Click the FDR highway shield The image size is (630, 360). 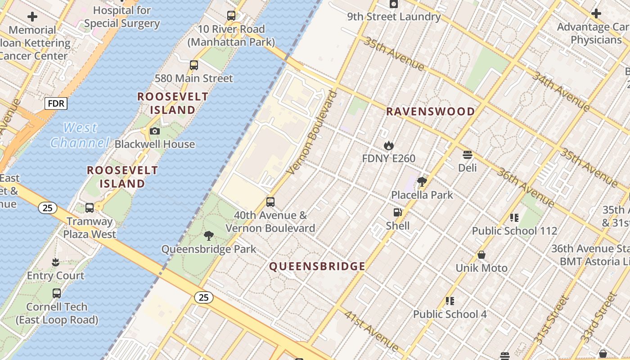(x=56, y=104)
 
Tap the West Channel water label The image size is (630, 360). (x=80, y=135)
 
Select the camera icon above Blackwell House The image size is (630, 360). (x=155, y=131)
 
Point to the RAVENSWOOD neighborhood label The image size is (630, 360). (x=431, y=112)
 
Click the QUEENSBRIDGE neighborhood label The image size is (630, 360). (x=317, y=266)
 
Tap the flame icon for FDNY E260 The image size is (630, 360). (x=389, y=145)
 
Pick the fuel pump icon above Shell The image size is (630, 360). (x=397, y=212)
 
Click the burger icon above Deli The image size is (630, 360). (x=467, y=155)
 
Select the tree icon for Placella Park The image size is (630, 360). (x=422, y=182)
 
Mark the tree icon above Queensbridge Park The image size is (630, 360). (x=208, y=236)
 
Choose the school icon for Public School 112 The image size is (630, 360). (x=514, y=218)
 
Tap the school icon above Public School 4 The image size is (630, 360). (x=450, y=301)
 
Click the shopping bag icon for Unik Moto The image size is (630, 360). (x=481, y=255)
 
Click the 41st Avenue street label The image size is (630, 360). (x=371, y=331)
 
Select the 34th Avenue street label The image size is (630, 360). (x=561, y=91)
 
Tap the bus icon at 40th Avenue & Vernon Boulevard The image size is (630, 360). (x=270, y=202)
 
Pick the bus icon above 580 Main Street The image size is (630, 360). (x=194, y=65)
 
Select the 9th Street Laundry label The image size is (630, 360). (x=394, y=17)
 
